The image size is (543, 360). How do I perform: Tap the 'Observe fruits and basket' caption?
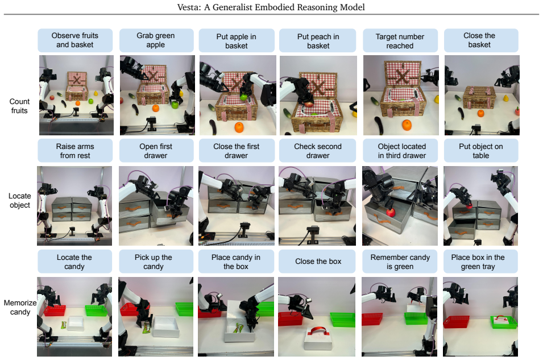[x=75, y=40]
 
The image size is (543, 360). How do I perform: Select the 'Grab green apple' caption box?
[x=156, y=40]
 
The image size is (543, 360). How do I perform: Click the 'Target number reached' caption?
[x=400, y=41]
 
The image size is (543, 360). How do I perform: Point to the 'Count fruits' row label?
[x=19, y=106]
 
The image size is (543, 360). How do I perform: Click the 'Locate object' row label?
[x=20, y=201]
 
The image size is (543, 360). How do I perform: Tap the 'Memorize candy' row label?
[x=20, y=307]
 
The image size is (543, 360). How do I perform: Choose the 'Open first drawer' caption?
[x=156, y=151]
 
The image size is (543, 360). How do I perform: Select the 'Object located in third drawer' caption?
[x=402, y=151]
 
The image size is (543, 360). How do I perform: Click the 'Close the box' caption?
[x=318, y=262]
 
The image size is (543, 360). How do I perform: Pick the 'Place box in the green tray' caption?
[x=478, y=262]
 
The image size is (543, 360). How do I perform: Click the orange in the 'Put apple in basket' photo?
[x=239, y=127]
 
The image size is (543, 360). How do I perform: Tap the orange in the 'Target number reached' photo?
[x=407, y=125]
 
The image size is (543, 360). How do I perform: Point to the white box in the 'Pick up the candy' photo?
[x=166, y=327]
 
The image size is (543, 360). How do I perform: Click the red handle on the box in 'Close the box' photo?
[x=318, y=331]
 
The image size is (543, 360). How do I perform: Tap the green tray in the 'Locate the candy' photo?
[x=96, y=310]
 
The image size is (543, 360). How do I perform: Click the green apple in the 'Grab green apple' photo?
[x=175, y=104]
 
